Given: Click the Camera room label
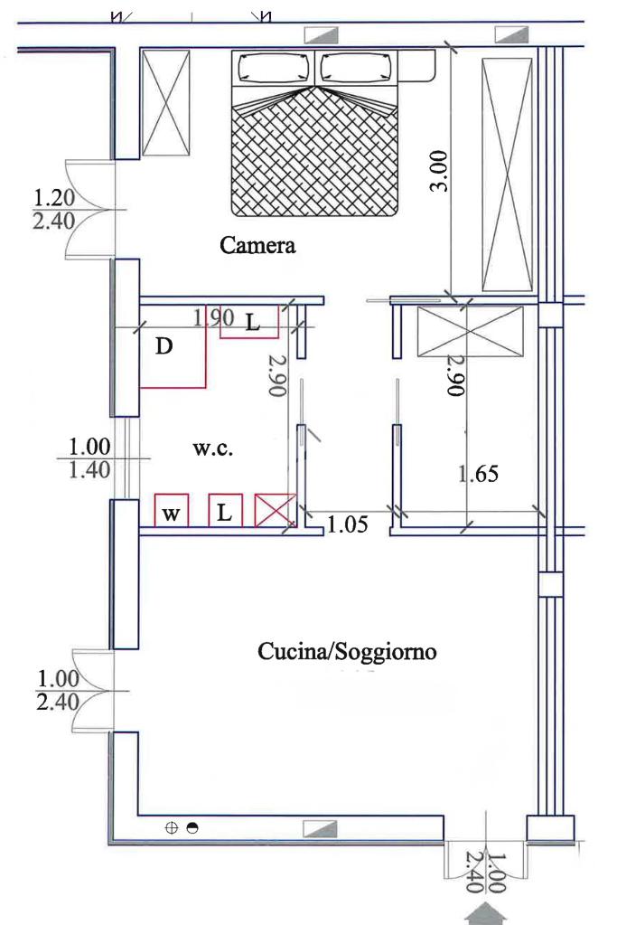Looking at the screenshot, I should [x=258, y=245].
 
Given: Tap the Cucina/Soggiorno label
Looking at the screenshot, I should [x=347, y=651].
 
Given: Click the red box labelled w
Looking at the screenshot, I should [x=171, y=513].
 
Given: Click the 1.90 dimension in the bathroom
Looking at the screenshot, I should [x=215, y=317].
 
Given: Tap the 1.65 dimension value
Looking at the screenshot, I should [x=480, y=472].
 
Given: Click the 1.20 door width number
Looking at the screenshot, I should [x=53, y=197].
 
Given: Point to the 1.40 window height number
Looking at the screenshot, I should [x=89, y=468].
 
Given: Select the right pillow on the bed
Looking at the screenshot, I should [x=359, y=67].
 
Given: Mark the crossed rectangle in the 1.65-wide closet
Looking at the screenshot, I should [x=470, y=331].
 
